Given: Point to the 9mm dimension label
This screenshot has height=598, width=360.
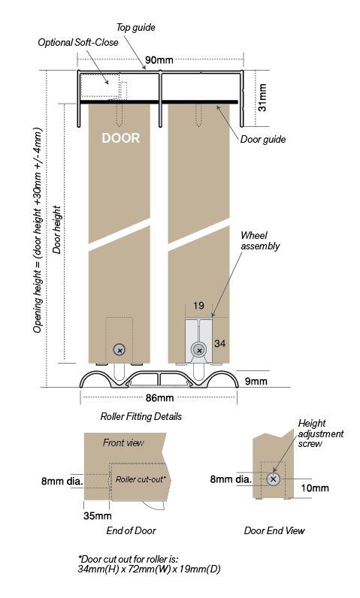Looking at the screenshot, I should click(256, 382).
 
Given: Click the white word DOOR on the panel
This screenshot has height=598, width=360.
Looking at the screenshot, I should click(120, 138).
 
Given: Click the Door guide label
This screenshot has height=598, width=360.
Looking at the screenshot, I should click(263, 139).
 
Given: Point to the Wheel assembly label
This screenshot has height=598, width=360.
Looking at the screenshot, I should click(259, 240).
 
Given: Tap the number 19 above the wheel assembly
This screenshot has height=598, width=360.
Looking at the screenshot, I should click(198, 306).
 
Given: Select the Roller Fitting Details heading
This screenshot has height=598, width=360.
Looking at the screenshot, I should click(141, 416).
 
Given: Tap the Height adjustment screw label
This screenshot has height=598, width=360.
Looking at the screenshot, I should click(321, 433).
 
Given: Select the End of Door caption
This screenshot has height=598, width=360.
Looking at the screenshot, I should click(127, 530).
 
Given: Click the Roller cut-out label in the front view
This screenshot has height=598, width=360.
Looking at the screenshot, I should click(141, 479).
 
